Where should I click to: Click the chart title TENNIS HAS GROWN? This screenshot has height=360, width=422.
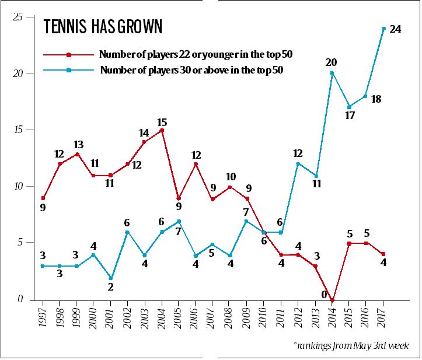point(103,27)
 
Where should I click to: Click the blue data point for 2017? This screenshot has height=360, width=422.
point(383,29)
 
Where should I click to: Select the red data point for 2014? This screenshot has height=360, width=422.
point(333,300)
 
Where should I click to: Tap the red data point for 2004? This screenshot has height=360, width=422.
point(162,131)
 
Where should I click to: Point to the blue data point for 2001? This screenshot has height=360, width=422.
point(111,278)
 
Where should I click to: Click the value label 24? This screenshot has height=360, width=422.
point(395,29)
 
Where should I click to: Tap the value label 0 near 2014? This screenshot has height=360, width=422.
point(323,295)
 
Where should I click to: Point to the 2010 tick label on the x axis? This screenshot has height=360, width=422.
point(264,319)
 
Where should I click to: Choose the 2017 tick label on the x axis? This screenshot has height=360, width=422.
point(383,319)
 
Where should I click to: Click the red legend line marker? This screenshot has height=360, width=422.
point(69,55)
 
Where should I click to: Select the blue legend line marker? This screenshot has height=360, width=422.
point(69,71)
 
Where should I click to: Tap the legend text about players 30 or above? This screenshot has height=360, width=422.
point(191,71)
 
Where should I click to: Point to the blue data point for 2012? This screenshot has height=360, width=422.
point(299,164)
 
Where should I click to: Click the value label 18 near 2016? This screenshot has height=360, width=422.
point(376,99)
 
